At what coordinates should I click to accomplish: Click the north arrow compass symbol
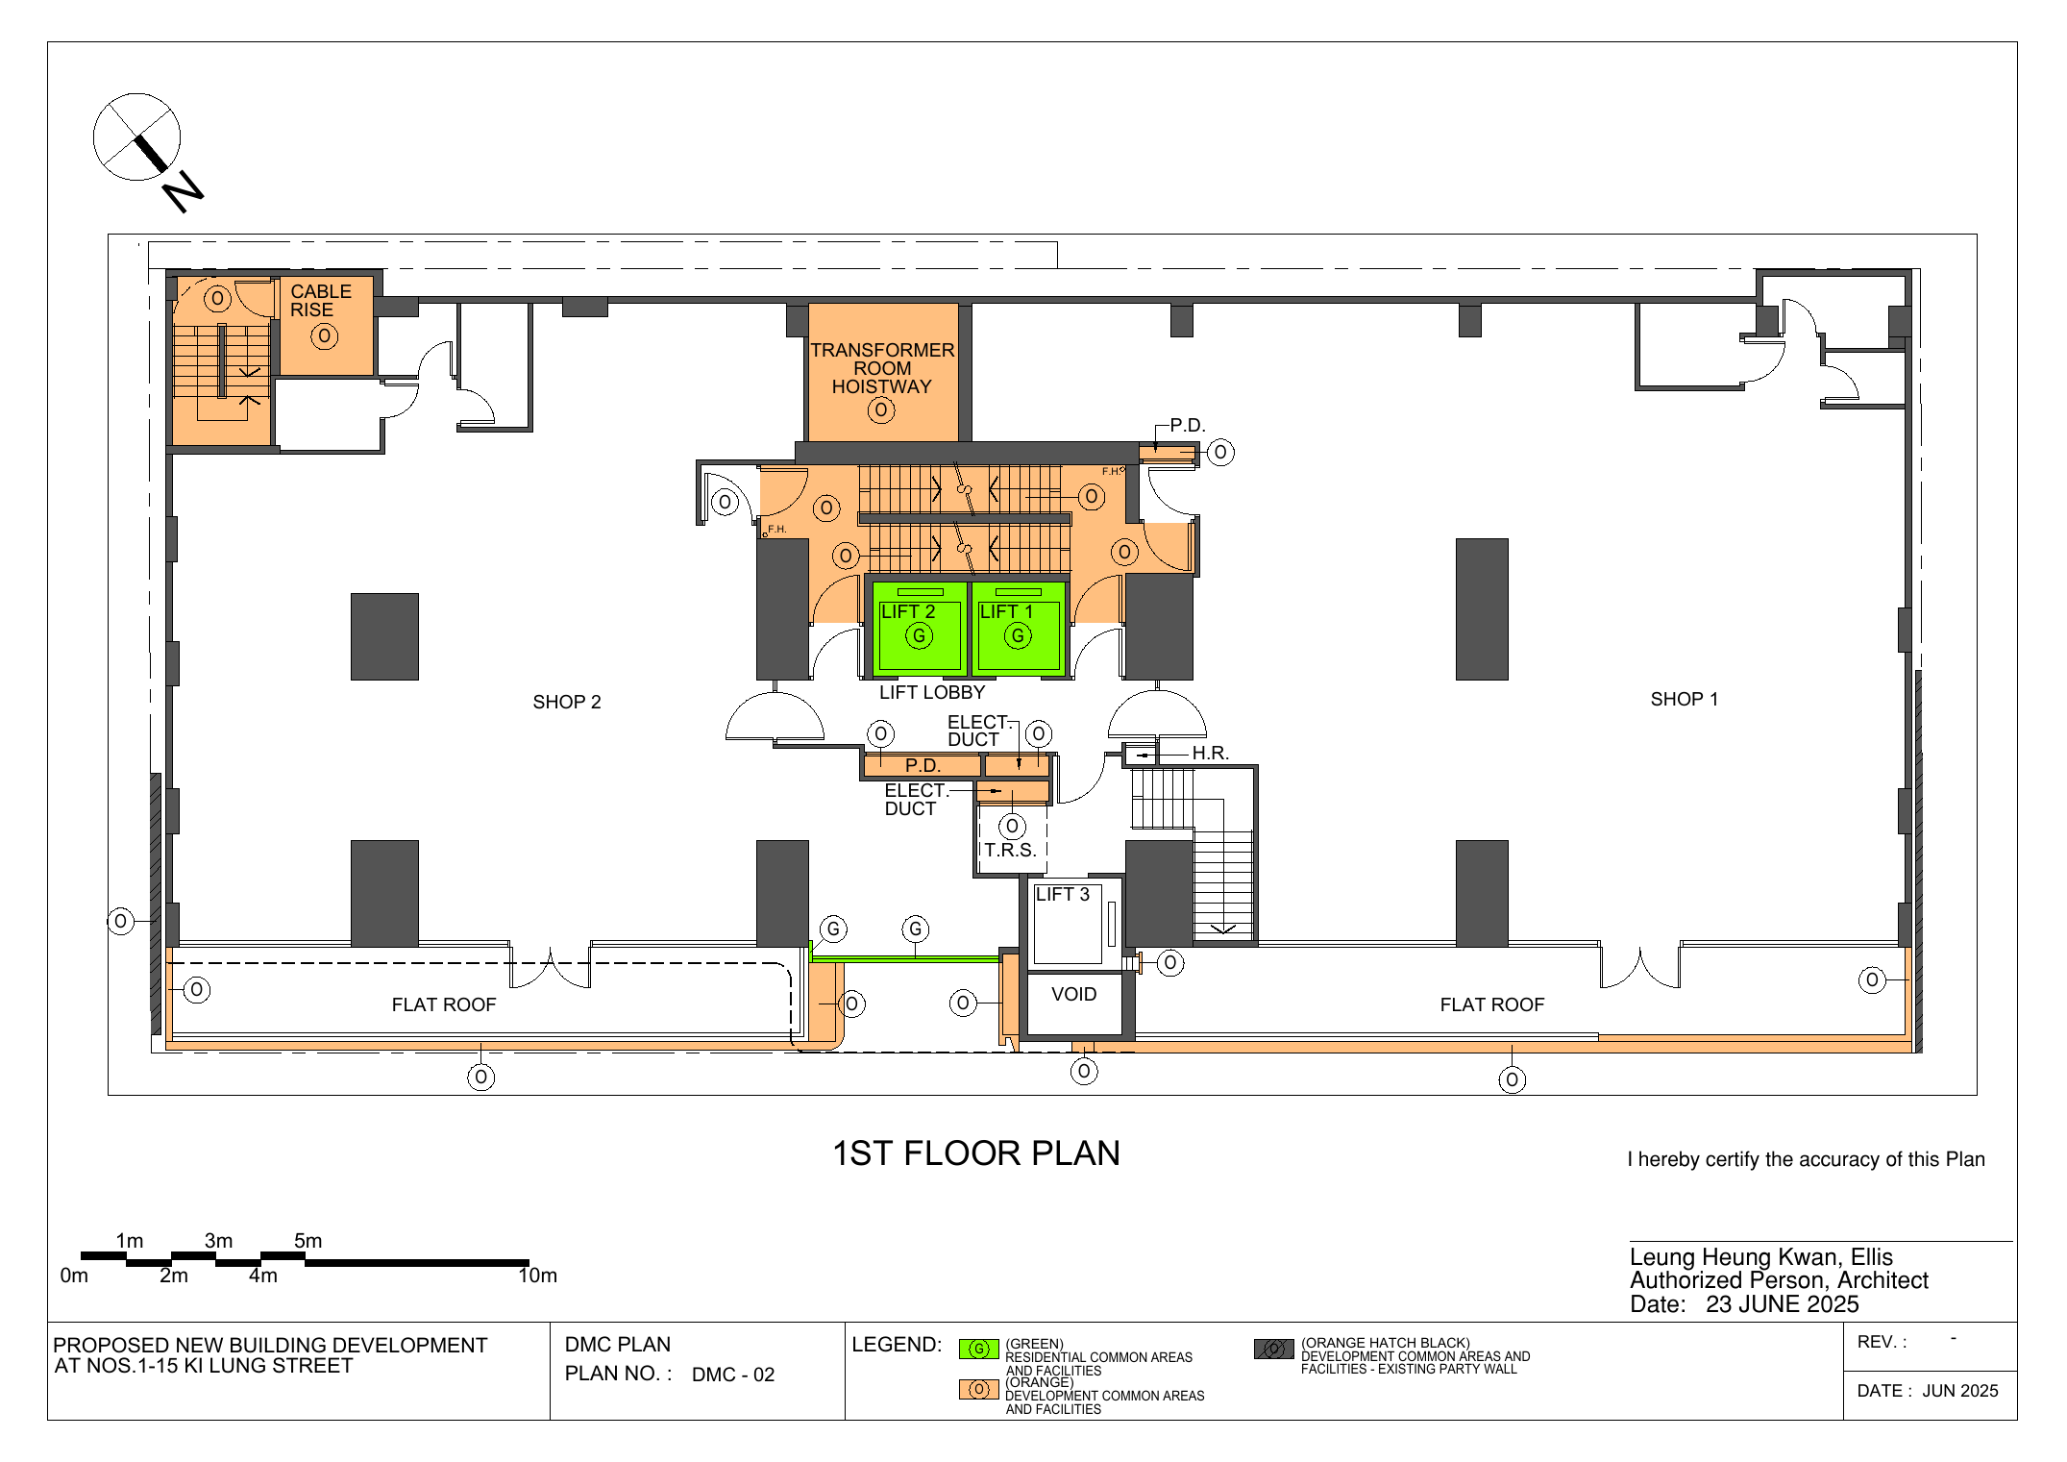point(136,137)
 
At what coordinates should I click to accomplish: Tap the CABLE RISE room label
point(321,301)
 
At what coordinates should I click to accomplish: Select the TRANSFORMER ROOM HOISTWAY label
point(882,368)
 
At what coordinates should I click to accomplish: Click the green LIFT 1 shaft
point(1019,628)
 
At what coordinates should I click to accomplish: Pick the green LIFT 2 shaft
point(919,628)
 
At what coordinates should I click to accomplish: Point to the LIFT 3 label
point(1062,895)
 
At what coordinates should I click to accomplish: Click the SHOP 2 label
point(567,703)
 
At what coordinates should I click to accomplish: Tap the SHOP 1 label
point(1685,700)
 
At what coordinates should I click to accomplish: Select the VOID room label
point(1073,995)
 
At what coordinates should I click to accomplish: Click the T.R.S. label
point(1010,851)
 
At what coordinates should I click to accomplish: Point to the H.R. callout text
point(1211,754)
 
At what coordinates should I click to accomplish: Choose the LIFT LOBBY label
point(932,693)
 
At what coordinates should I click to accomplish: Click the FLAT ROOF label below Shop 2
point(444,1005)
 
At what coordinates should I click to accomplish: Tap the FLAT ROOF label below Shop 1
point(1492,1005)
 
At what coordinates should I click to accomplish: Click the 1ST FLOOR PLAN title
point(976,1153)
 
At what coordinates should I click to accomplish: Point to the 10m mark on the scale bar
point(538,1276)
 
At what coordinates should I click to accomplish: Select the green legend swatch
point(979,1350)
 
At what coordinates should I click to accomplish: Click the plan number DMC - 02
point(733,1375)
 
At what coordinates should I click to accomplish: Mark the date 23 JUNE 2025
point(1783,1304)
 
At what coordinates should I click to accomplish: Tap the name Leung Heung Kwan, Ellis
point(1761,1257)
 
